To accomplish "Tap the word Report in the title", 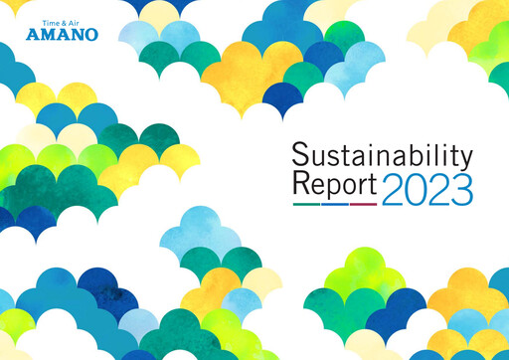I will (x=335, y=186).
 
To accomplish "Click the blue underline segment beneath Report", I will (x=335, y=204).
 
